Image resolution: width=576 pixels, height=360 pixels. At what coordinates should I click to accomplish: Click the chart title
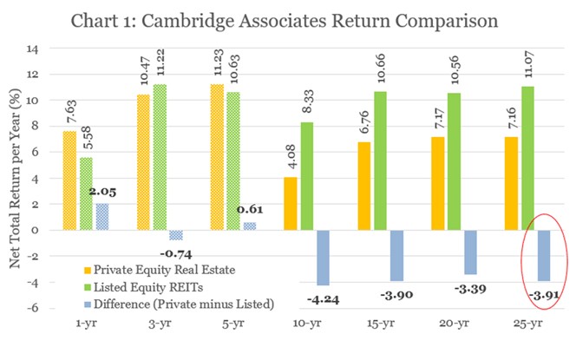coord(288,20)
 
